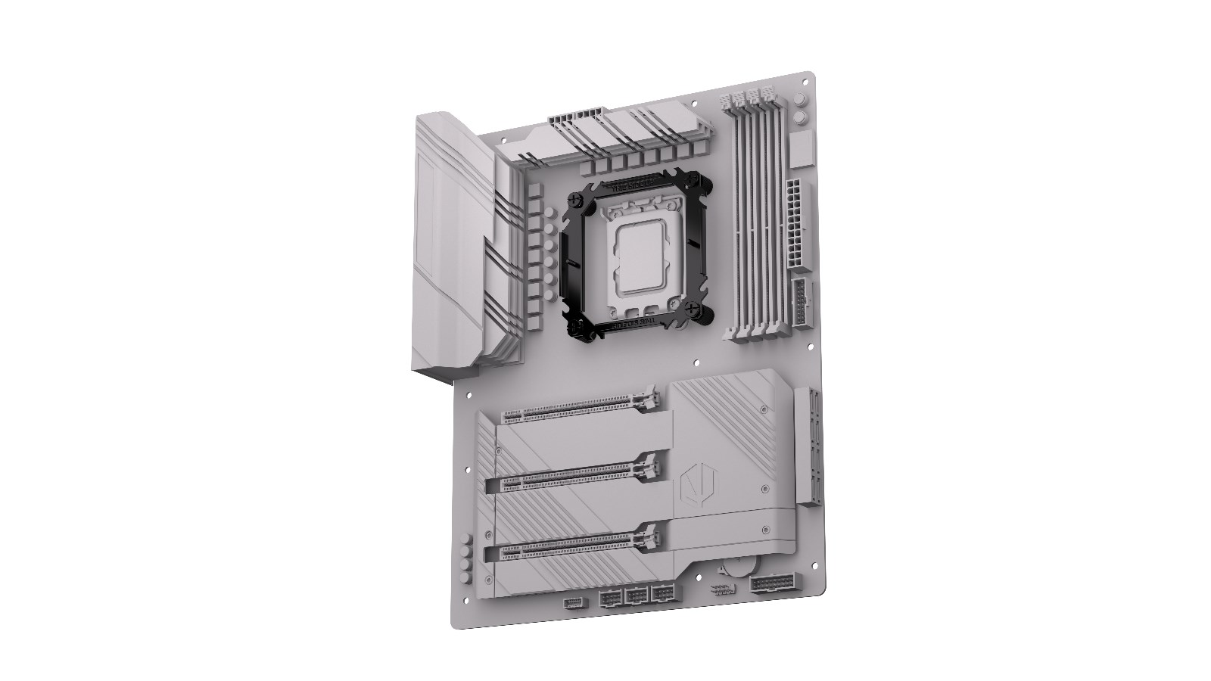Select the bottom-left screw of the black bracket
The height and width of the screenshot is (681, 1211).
[578, 327]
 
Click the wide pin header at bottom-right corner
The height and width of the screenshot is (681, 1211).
[772, 585]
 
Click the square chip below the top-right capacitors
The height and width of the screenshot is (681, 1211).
[802, 151]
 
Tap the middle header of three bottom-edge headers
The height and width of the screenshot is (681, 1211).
[636, 598]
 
